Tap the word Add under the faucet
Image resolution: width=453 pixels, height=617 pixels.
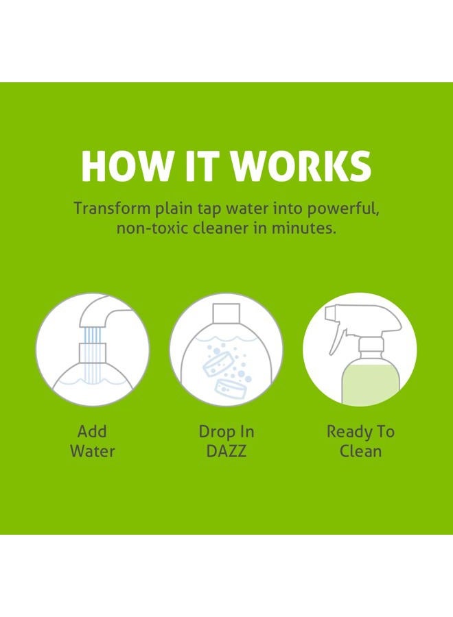click(92, 432)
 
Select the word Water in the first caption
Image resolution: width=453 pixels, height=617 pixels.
click(92, 452)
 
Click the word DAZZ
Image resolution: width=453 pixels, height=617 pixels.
click(226, 452)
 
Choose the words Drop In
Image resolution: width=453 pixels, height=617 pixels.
click(226, 432)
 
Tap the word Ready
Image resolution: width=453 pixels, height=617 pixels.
click(343, 432)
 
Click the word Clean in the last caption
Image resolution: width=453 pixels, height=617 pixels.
click(360, 452)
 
